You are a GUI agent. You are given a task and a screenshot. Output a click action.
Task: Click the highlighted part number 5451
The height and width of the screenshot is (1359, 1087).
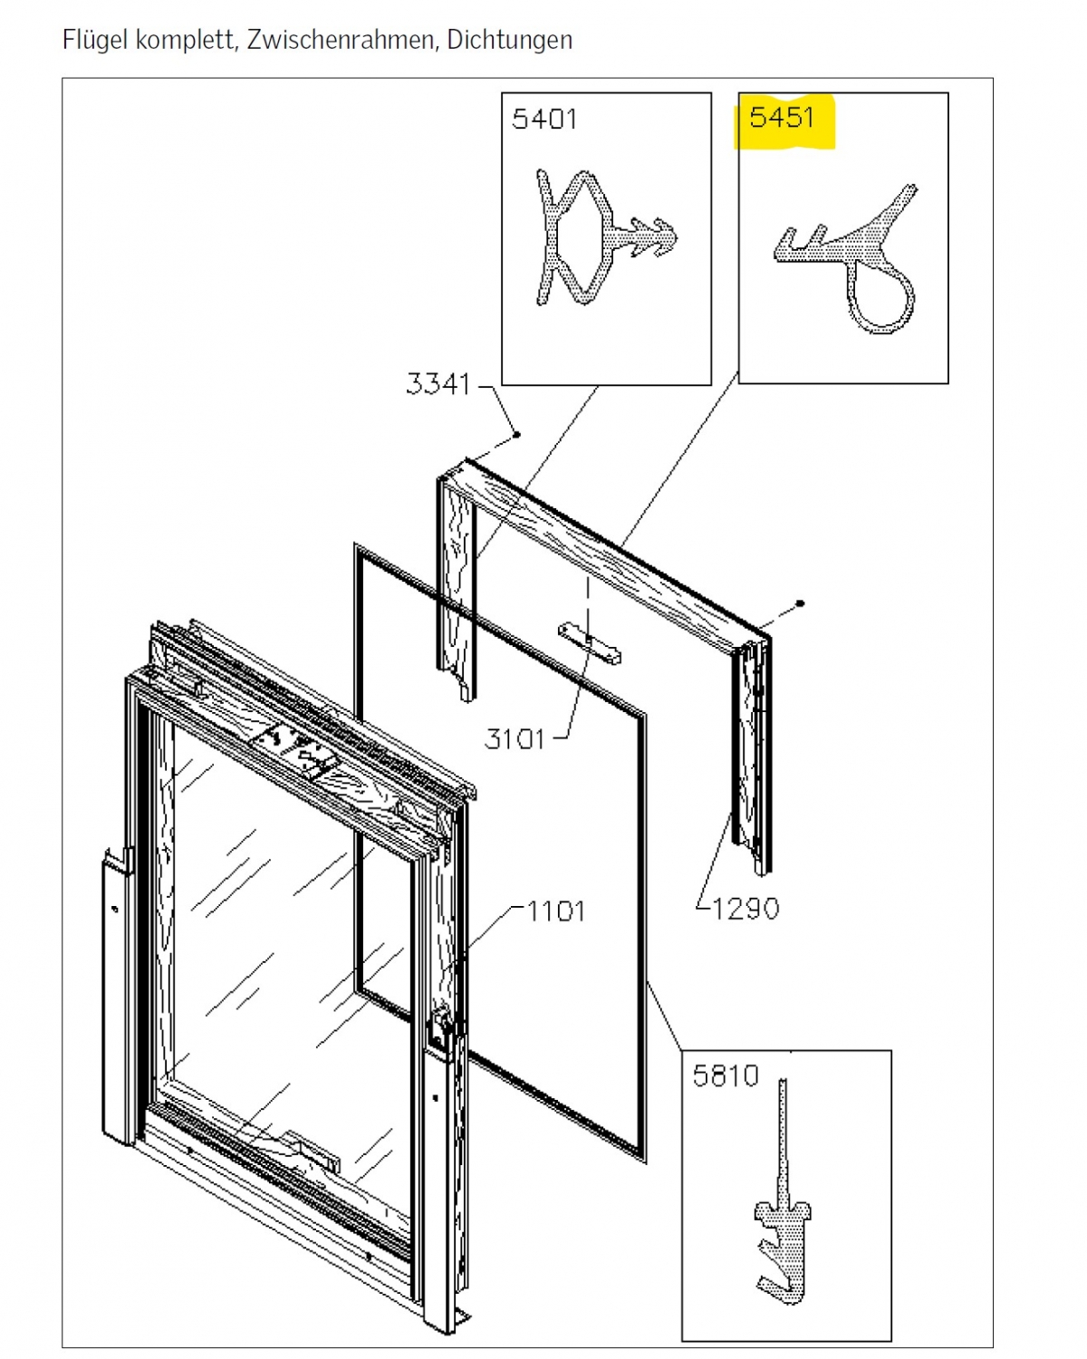coord(782,118)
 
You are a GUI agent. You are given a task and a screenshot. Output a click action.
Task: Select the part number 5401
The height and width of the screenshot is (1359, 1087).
coord(544,119)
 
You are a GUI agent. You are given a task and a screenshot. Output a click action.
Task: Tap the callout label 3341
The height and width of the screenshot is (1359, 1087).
coord(438,384)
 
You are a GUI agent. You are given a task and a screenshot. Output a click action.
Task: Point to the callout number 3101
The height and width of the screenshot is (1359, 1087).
coord(515,738)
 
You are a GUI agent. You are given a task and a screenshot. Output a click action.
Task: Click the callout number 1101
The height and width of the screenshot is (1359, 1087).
coord(556,911)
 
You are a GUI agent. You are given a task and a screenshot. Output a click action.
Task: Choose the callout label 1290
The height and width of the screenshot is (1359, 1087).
coord(746,909)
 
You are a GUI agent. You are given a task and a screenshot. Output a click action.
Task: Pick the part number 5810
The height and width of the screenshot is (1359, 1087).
coord(725,1075)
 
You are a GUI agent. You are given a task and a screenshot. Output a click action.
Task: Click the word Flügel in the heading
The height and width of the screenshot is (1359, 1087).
coord(95,41)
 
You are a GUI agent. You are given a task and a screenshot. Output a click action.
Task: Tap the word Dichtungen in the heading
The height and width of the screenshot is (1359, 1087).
coord(510,41)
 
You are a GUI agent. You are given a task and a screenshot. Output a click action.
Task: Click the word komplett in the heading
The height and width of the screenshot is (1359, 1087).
coord(187,41)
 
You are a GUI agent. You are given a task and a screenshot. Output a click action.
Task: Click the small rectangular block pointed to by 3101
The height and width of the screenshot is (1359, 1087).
coord(589,644)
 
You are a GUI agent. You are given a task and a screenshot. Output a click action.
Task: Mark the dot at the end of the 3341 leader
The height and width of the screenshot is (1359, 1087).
coord(516,435)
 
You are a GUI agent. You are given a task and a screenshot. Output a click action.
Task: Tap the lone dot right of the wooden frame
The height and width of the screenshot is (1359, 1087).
coord(800,603)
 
